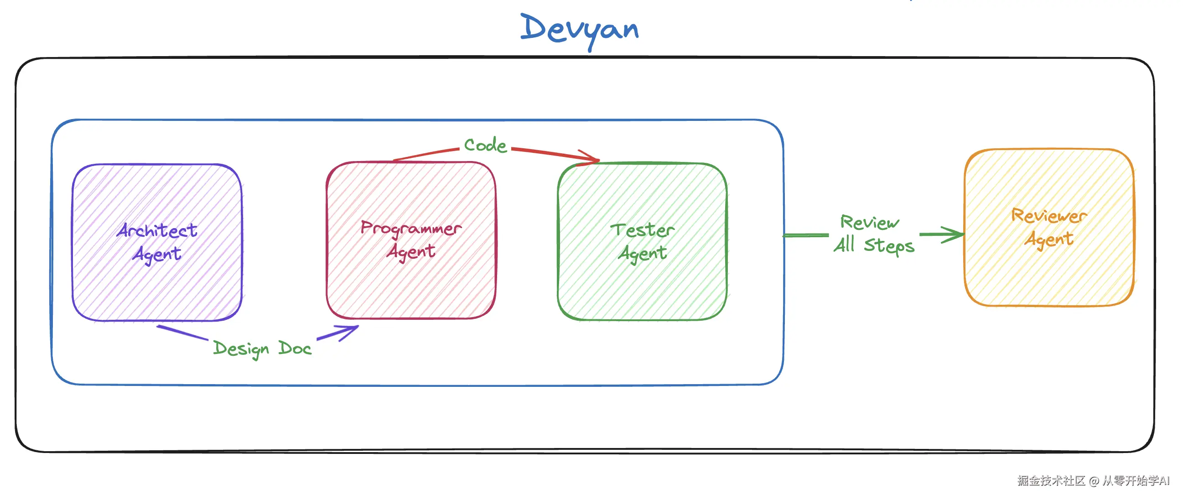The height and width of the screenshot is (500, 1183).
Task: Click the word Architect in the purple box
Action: click(x=157, y=230)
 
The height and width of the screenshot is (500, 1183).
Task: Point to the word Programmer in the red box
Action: click(x=411, y=228)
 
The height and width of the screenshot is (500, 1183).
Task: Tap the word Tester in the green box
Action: click(x=642, y=229)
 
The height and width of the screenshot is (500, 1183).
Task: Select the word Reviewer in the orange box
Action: click(x=1049, y=215)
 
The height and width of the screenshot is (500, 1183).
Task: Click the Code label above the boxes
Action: click(x=485, y=145)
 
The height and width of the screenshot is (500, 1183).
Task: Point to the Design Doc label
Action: click(x=262, y=349)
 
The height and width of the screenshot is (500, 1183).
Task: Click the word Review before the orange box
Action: click(x=869, y=223)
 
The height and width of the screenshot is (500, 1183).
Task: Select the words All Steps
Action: click(x=874, y=245)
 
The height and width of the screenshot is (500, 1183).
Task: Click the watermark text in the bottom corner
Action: click(x=1093, y=481)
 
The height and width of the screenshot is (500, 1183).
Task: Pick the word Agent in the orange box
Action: click(x=1049, y=239)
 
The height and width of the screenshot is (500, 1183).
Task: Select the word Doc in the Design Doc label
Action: click(x=295, y=349)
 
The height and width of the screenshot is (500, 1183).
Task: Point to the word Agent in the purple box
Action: click(x=157, y=254)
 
